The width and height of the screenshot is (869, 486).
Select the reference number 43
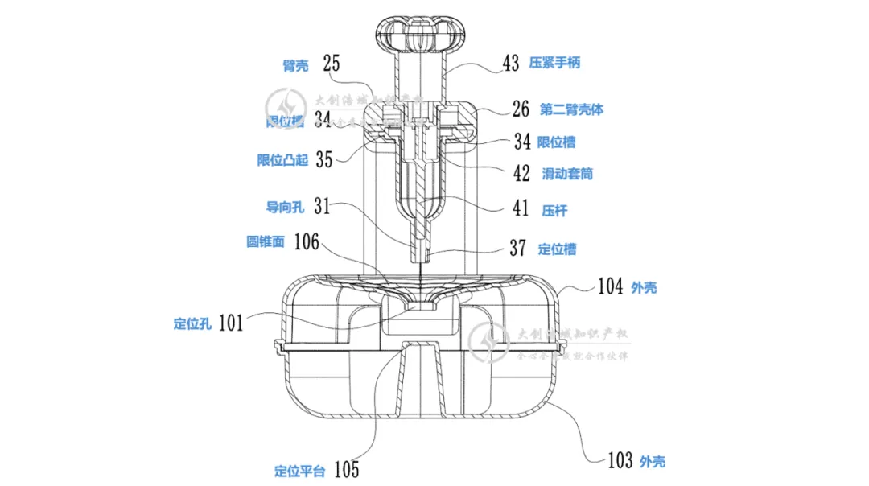tap(512, 64)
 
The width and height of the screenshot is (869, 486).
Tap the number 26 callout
tap(521, 109)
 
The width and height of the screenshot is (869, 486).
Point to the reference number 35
tap(323, 159)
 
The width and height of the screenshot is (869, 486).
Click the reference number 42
tap(521, 173)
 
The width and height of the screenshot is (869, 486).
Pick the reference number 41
tap(521, 209)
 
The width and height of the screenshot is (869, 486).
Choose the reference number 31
tap(322, 207)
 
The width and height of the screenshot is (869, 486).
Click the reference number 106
tap(307, 241)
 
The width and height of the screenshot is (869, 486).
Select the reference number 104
tap(610, 286)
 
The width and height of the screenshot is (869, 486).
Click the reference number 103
tap(619, 460)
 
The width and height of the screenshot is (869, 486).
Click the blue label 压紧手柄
tap(554, 64)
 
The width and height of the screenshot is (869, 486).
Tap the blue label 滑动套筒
tap(567, 174)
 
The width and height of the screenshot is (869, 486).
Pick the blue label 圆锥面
tap(266, 241)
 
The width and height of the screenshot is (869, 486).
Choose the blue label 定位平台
tap(299, 471)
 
